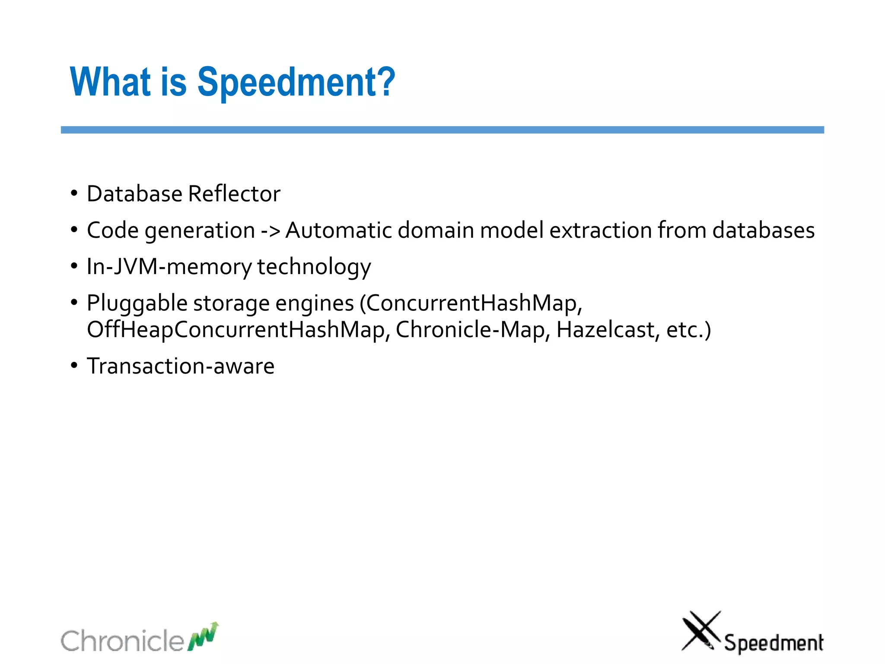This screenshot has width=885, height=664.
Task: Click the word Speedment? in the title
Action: pos(296,82)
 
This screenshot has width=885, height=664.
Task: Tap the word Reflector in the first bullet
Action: pos(234,194)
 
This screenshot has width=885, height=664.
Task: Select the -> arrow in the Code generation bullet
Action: pos(271,230)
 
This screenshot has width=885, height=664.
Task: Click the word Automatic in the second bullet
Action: pos(339,230)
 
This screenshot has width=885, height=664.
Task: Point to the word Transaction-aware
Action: pos(181,366)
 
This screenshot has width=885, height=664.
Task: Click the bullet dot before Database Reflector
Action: pos(74,193)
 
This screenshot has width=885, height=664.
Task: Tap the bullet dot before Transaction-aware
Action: pos(74,365)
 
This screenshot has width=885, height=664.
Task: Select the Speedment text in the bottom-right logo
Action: pos(774,643)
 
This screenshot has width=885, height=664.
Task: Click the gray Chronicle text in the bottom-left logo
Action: pos(122,641)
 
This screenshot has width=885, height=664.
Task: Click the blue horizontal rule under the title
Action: pos(442,130)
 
